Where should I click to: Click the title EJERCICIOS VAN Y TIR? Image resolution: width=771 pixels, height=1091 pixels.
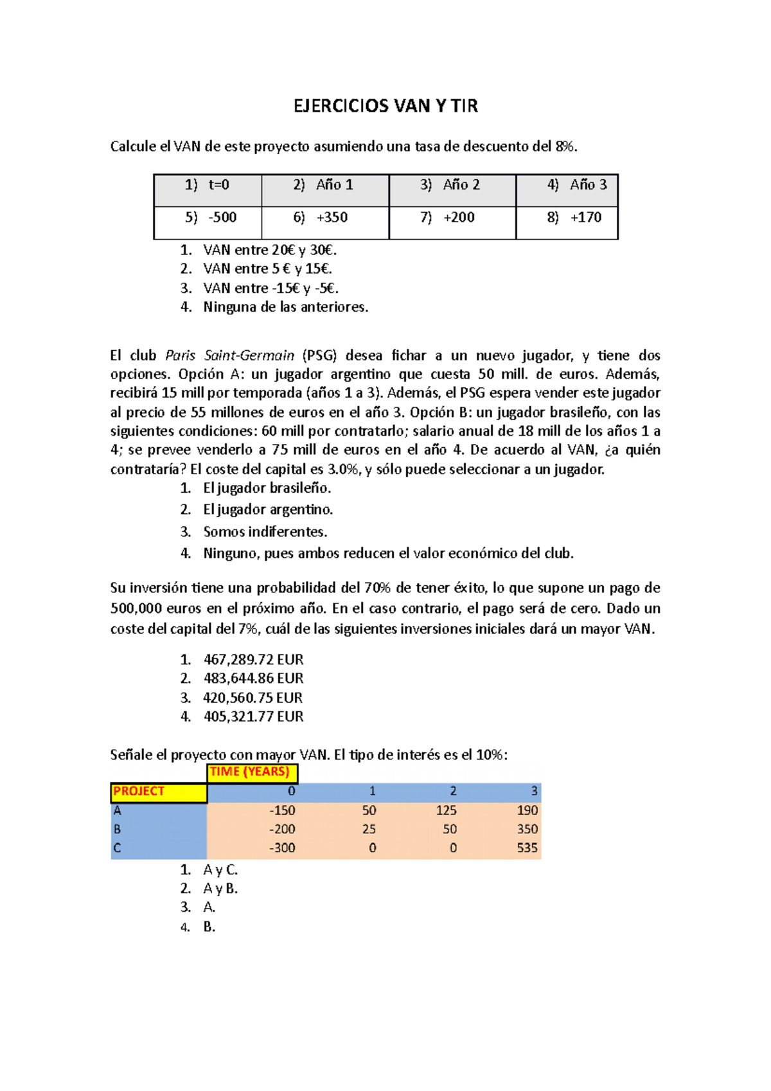coord(385,106)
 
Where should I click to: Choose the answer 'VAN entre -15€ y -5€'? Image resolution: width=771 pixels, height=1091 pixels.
coord(270,288)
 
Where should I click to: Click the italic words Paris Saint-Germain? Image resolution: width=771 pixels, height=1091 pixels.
coord(229,356)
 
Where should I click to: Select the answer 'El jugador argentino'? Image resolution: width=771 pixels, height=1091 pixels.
coord(268,510)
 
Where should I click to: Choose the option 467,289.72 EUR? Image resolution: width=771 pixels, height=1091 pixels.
coord(253,660)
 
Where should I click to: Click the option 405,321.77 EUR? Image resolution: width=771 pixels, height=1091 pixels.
coord(253,716)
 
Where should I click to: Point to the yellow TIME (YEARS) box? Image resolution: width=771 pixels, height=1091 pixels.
coord(252,772)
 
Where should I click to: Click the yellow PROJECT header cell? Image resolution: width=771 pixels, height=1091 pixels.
coord(158,792)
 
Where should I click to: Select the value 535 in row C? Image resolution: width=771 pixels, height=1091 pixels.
coord(527,848)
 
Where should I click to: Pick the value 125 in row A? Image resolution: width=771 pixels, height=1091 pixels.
coord(446,811)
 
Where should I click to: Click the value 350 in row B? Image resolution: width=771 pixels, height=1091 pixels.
coord(527,829)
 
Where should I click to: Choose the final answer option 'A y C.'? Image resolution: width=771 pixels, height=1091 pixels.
coord(220,870)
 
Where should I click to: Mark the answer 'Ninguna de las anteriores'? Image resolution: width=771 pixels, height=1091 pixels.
coord(286,307)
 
